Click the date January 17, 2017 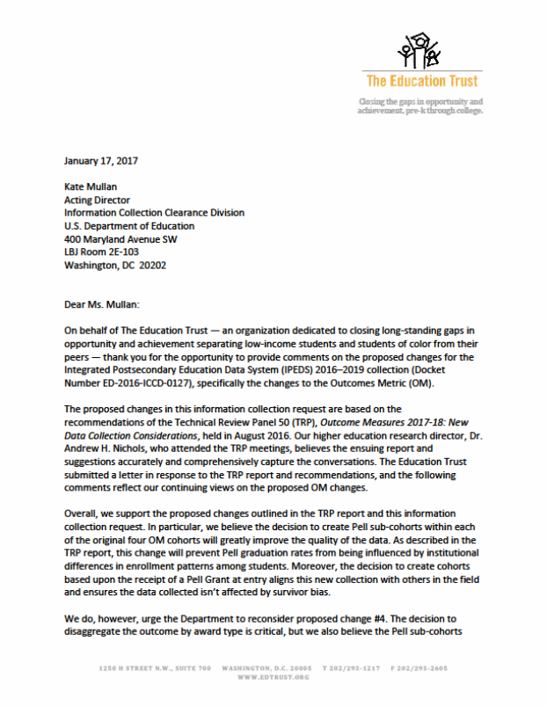100,160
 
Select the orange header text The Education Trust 421,81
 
